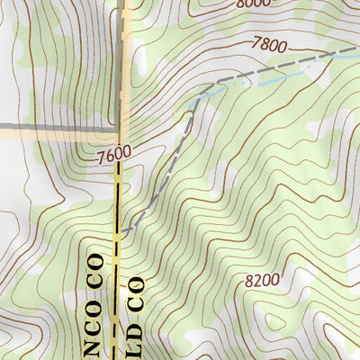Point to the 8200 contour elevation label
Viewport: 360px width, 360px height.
click(x=261, y=280)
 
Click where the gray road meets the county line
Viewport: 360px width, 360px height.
click(x=122, y=130)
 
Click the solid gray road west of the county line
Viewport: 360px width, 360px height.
click(x=54, y=129)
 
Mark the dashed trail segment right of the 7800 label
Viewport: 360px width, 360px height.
click(x=315, y=56)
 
